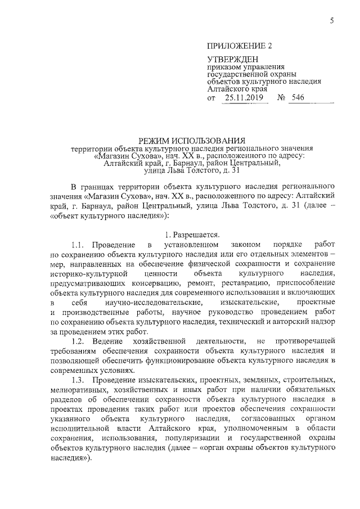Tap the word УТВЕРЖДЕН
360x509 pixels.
(x=232, y=60)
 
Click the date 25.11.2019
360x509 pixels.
(x=245, y=98)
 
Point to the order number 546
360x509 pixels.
(x=297, y=98)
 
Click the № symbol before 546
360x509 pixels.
(x=282, y=98)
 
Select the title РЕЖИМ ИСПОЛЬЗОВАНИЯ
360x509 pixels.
(x=192, y=140)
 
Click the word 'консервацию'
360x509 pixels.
(x=157, y=283)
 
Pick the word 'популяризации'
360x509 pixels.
(x=184, y=439)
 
